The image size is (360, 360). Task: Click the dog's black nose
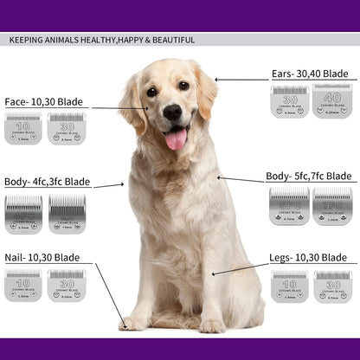pos(172,112)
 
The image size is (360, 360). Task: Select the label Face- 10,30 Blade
pos(43,102)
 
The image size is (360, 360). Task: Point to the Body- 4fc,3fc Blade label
pos(47,183)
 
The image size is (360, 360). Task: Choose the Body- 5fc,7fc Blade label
pos(309,177)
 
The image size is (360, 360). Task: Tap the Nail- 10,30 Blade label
pos(42,258)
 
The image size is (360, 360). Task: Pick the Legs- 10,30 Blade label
pos(309,258)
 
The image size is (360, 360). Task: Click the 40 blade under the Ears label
pos(331,100)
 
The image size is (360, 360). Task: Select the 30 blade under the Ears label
pos(289,100)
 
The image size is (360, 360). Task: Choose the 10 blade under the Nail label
pos(22,286)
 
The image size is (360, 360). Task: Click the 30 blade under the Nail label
pos(66,286)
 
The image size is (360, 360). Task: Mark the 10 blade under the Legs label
pos(289,286)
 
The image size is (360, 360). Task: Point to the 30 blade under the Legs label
pos(332,286)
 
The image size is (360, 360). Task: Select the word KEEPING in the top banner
pos(25,40)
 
